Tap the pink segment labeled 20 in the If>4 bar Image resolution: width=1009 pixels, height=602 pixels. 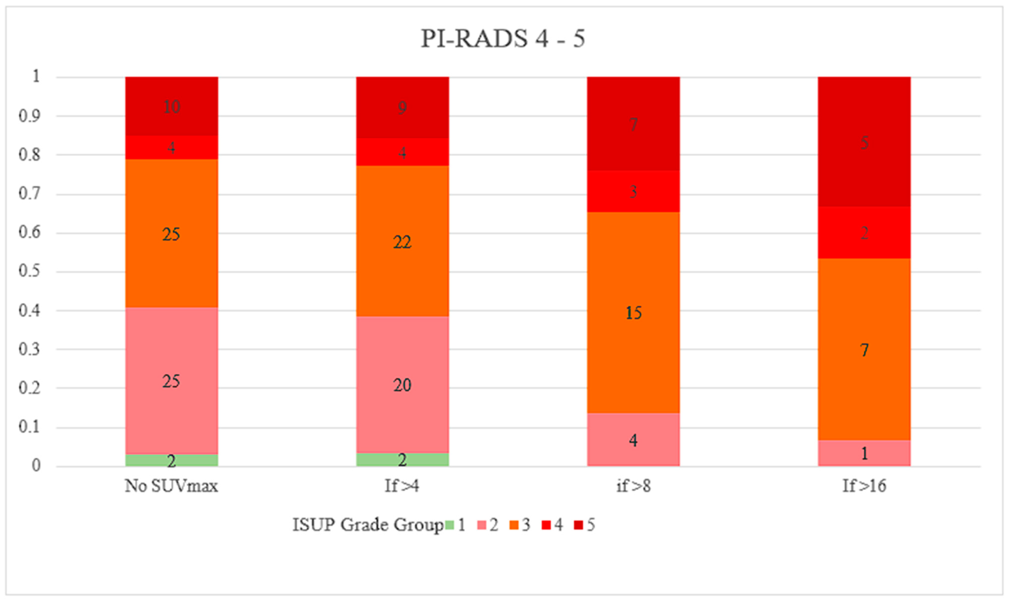pyautogui.click(x=402, y=384)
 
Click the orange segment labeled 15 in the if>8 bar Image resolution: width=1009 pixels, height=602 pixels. pyautogui.click(x=633, y=312)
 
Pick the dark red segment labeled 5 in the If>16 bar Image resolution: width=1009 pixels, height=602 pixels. pyautogui.click(x=864, y=142)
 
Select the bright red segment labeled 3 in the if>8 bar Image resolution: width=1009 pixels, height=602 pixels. pyautogui.click(x=633, y=191)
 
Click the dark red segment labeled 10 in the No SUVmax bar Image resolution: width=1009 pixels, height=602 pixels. pyautogui.click(x=171, y=106)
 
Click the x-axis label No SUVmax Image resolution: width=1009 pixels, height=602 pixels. pyautogui.click(x=171, y=486)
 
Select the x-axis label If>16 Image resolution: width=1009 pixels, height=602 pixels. pyautogui.click(x=864, y=486)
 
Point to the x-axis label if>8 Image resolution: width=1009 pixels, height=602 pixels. pyautogui.click(x=633, y=486)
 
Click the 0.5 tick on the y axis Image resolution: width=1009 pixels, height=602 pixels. pyautogui.click(x=29, y=271)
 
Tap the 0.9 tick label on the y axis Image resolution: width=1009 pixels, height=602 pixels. pyautogui.click(x=29, y=116)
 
